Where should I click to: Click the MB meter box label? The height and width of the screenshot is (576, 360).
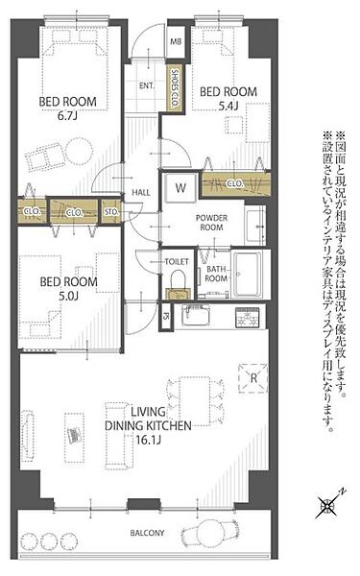click(176, 41)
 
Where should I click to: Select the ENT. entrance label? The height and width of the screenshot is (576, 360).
click(147, 85)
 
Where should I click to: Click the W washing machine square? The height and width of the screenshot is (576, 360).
click(180, 188)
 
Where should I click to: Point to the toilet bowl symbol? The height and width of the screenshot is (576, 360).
click(179, 282)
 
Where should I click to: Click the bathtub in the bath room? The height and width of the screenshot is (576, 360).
click(248, 275)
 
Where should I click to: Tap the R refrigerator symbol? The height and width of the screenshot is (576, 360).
click(253, 378)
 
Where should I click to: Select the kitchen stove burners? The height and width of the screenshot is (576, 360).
click(248, 318)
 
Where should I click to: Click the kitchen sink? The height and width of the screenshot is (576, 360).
click(197, 316)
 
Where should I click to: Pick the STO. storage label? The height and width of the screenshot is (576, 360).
click(111, 212)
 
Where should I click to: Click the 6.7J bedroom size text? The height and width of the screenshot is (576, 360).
click(67, 116)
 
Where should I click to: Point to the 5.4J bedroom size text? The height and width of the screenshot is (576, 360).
click(228, 107)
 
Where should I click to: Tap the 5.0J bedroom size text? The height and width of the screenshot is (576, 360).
click(69, 296)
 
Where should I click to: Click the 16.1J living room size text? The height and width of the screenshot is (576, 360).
click(149, 440)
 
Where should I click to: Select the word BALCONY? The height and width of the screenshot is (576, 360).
click(147, 533)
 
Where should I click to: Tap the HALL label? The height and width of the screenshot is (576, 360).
click(141, 193)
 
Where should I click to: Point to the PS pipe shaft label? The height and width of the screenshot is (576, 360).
click(166, 316)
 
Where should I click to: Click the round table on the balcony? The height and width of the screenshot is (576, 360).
click(209, 534)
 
